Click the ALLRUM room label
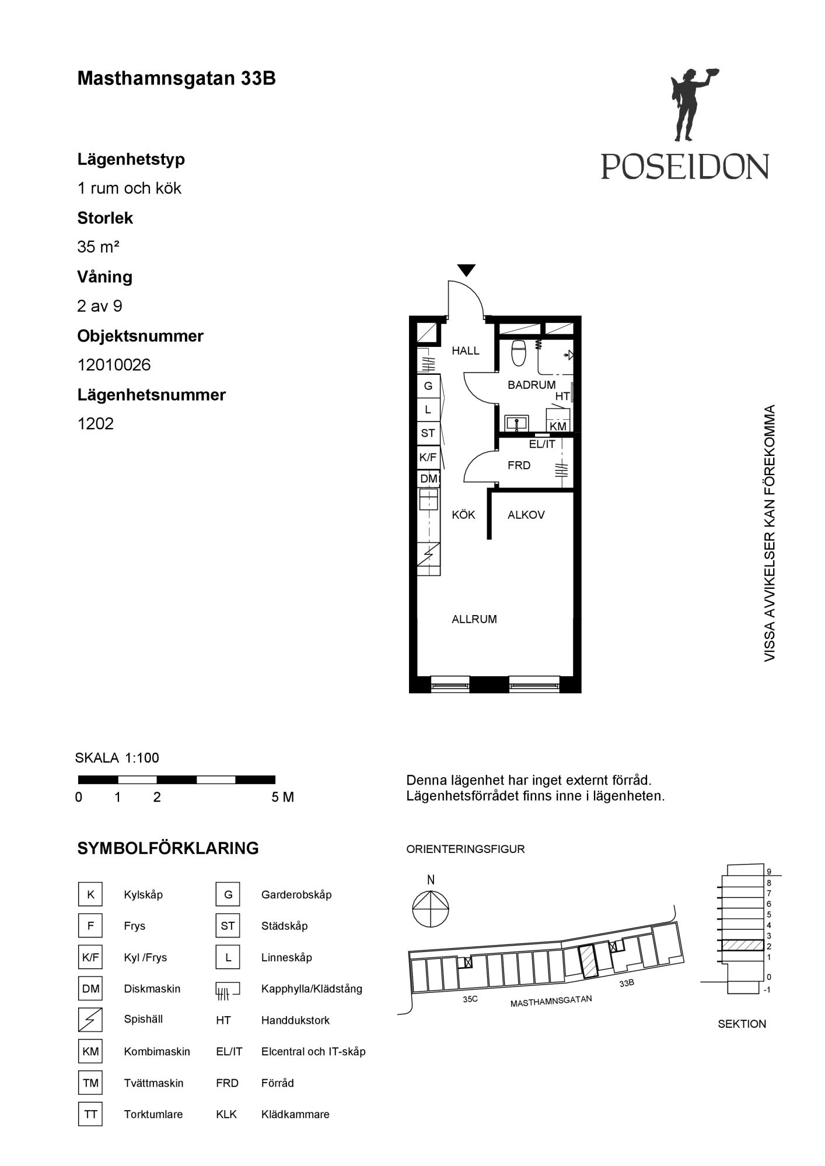[474, 619]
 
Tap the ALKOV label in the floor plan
[526, 515]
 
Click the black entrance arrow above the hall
[466, 271]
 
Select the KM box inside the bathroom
[558, 426]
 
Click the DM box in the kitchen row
[429, 479]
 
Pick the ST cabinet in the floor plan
[428, 433]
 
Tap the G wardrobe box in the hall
[428, 386]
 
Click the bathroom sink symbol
[516, 423]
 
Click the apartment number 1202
[96, 424]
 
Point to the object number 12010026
[114, 365]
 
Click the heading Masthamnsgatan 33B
[176, 79]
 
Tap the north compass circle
[431, 909]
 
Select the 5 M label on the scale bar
[282, 798]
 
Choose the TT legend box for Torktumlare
[90, 1114]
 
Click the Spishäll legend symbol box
[90, 1020]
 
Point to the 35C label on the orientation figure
[470, 999]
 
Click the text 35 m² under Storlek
[98, 247]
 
